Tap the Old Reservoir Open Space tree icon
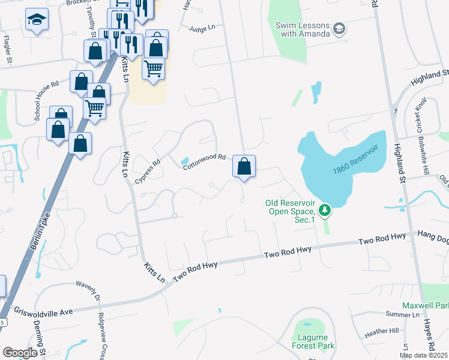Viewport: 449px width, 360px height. (x=325, y=210)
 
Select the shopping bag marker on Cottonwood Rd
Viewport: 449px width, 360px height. (x=244, y=166)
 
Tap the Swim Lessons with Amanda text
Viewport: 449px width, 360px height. (x=303, y=29)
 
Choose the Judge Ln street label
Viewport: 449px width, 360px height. (x=202, y=28)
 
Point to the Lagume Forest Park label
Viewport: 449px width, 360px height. (x=312, y=341)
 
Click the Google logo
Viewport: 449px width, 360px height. (x=20, y=353)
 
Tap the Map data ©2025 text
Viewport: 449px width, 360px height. (x=423, y=356)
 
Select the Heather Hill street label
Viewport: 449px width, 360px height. (x=382, y=331)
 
